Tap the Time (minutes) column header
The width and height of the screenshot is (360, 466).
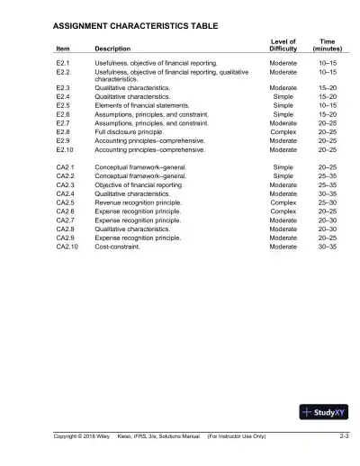click(328, 44)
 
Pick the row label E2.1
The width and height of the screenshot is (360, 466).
click(63, 64)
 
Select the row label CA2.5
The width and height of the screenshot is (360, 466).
click(65, 203)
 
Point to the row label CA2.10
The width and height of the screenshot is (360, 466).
click(67, 246)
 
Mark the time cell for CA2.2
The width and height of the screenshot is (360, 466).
click(328, 177)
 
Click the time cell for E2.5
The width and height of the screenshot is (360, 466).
click(328, 105)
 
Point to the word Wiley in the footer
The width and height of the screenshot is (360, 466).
click(101, 436)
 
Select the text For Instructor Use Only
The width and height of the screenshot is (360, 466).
click(237, 436)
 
